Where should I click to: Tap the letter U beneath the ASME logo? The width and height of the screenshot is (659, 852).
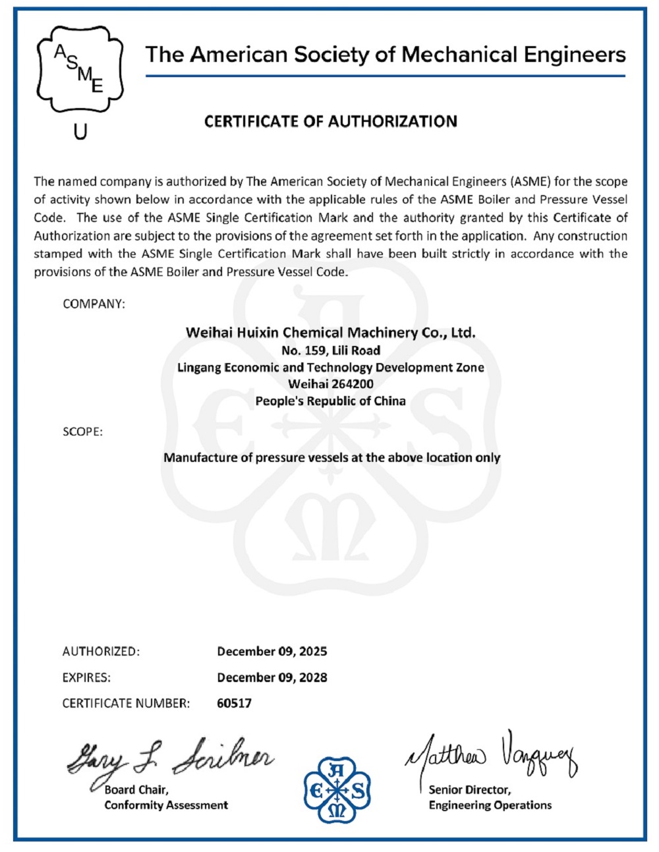click(x=80, y=132)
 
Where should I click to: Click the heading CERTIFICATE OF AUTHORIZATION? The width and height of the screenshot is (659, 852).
click(x=330, y=121)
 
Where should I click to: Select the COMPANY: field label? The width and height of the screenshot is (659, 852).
click(x=94, y=304)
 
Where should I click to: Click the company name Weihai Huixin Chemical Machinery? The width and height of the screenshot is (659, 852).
click(x=330, y=333)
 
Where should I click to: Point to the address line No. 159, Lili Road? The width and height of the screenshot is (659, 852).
click(x=330, y=350)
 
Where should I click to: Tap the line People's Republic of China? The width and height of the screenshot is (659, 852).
click(x=330, y=401)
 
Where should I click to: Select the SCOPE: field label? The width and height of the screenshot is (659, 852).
click(x=82, y=432)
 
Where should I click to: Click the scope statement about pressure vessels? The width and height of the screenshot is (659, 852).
click(x=331, y=457)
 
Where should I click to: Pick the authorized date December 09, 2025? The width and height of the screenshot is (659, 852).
click(x=272, y=651)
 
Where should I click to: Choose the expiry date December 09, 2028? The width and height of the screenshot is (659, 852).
click(x=272, y=677)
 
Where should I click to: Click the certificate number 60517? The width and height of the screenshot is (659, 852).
click(x=234, y=703)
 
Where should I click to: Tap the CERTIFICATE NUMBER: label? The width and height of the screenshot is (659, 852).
click(x=126, y=703)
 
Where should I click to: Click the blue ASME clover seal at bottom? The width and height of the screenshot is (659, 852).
click(x=337, y=790)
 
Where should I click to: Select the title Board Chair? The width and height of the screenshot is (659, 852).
click(x=136, y=789)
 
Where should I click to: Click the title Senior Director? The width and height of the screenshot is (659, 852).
click(x=469, y=789)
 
